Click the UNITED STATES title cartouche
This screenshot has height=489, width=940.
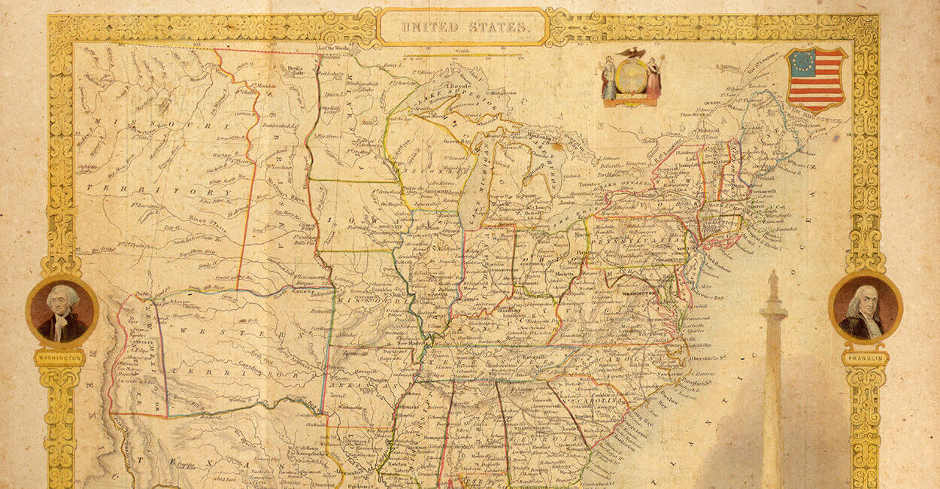click(x=462, y=27)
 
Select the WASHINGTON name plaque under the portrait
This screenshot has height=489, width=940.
click(x=59, y=359)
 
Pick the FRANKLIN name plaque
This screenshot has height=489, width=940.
click(x=865, y=359)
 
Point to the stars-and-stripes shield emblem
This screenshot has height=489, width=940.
click(x=816, y=77)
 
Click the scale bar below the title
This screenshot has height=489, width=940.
click(x=462, y=55)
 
